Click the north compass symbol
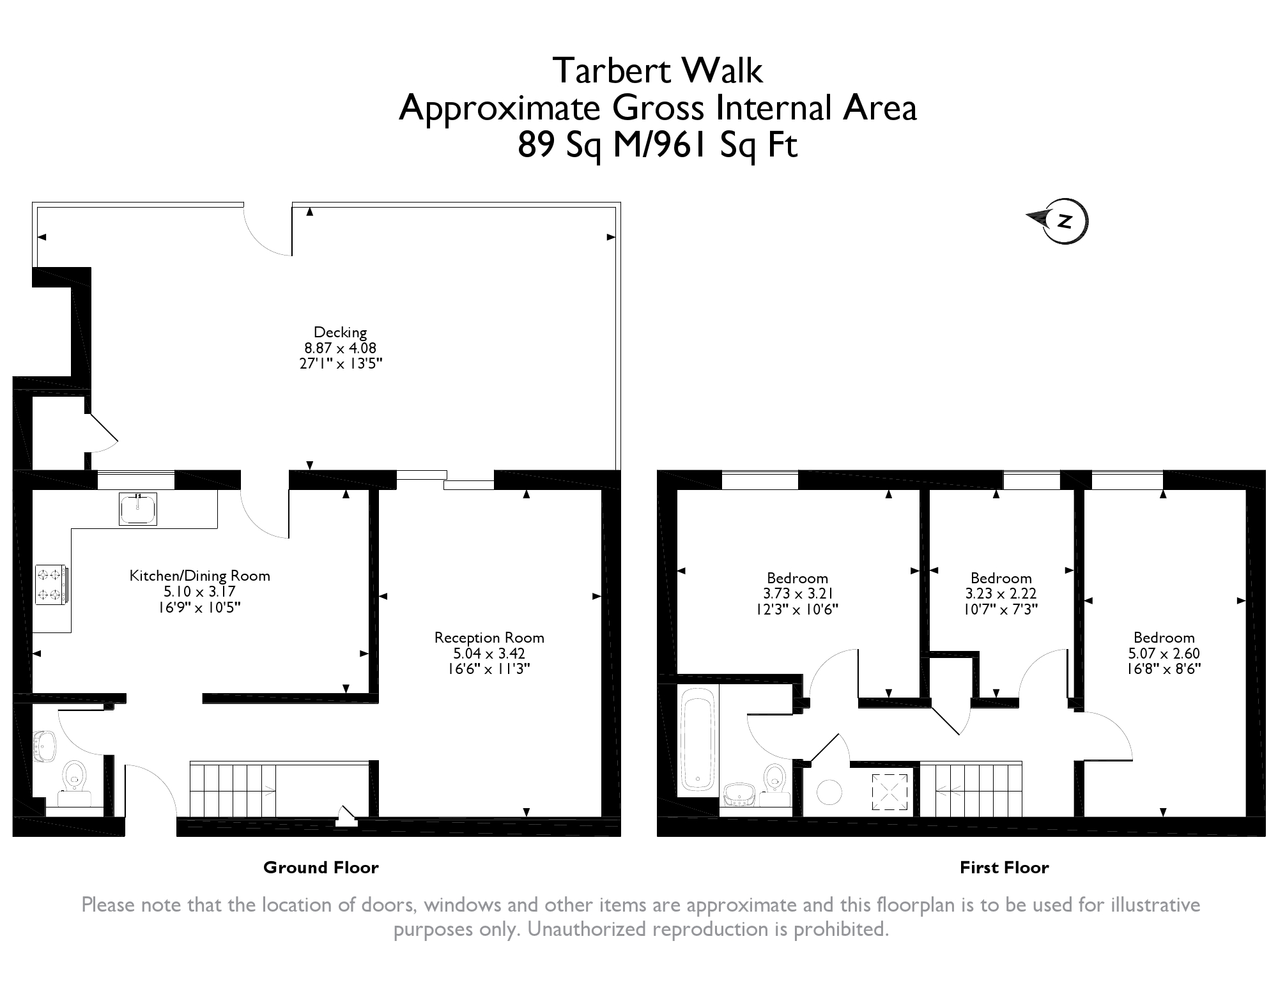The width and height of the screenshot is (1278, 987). pos(1058,221)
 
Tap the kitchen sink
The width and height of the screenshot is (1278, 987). pos(137,509)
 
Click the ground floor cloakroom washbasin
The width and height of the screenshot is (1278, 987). pos(44,746)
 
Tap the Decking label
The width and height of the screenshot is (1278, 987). pos(340,332)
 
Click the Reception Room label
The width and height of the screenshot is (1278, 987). pos(489,637)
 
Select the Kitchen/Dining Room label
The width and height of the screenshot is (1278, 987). pos(200,576)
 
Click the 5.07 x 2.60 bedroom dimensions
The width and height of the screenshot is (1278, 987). pos(1164,654)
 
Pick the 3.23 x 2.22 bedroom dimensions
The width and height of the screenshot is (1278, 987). pos(1001,593)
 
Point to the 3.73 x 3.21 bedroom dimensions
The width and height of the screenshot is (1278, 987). pos(797,593)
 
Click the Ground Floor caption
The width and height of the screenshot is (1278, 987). pos(321,868)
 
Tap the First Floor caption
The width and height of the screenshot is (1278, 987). pos(1005,868)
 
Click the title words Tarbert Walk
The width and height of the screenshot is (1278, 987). pos(658,70)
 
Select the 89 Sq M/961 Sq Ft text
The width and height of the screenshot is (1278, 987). pos(658,145)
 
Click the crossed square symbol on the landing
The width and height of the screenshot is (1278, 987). pos(889,792)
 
